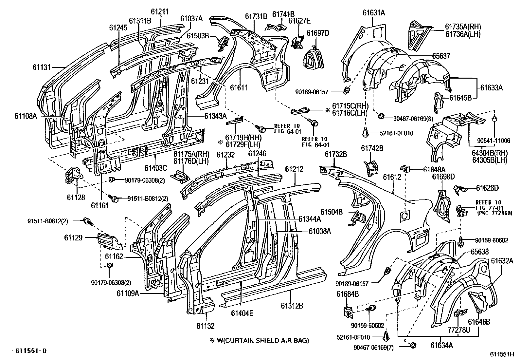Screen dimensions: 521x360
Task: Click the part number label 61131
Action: [42, 67]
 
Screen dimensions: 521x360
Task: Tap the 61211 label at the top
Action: [160, 12]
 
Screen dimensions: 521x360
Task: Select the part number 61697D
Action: [318, 33]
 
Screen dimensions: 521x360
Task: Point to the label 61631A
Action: [374, 12]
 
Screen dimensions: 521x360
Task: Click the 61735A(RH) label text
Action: [463, 27]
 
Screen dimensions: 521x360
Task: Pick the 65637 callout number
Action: [441, 56]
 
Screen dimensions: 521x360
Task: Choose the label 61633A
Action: [492, 88]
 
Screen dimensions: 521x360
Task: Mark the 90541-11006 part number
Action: [494, 141]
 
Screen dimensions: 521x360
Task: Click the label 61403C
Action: [156, 168]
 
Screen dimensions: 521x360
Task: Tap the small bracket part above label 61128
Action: [74, 175]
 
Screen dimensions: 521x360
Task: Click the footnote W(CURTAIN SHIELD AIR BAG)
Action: [263, 340]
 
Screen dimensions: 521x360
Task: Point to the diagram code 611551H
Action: [502, 354]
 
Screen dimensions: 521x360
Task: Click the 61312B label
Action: [292, 306]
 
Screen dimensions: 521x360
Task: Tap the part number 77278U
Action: [459, 330]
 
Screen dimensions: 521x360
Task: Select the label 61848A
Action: [434, 170]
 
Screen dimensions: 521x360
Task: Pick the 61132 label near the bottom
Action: [206, 326]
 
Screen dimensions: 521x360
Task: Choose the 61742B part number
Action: [372, 148]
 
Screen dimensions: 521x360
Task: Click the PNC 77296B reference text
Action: [494, 213]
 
